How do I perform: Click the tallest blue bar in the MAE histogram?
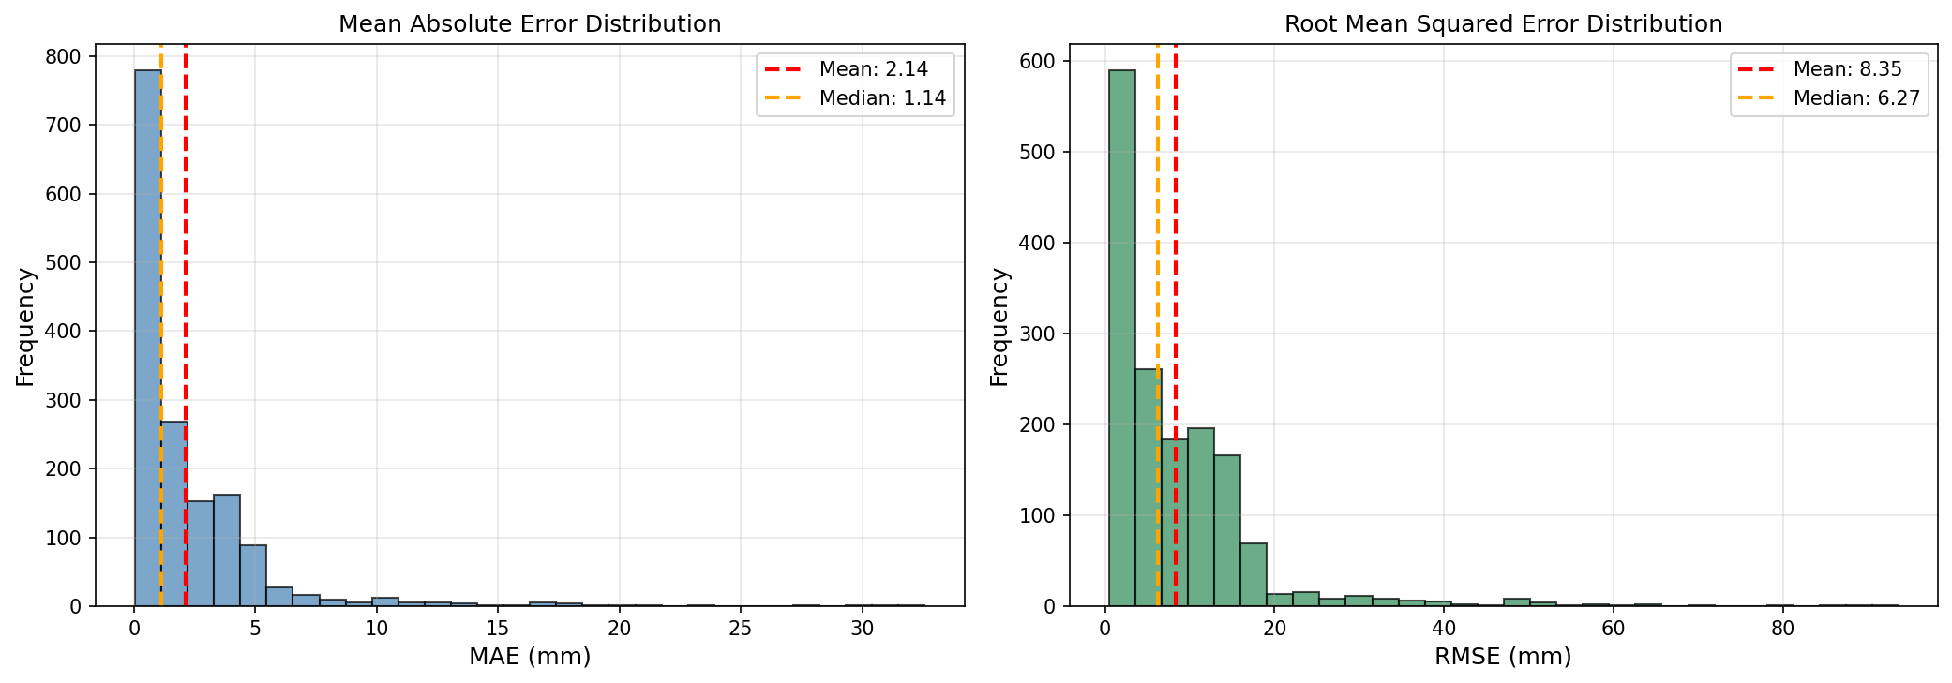(x=148, y=338)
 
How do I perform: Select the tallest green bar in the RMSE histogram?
(x=1122, y=338)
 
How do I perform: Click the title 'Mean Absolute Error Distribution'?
(x=530, y=24)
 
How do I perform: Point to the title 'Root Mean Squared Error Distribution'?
(x=1504, y=24)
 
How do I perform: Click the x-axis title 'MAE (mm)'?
(x=530, y=657)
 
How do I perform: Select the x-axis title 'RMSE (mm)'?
(x=1504, y=657)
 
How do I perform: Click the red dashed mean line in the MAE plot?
(x=186, y=325)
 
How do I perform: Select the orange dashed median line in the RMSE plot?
(x=1158, y=325)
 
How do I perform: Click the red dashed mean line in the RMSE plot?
(x=1176, y=325)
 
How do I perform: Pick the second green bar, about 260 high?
(x=1149, y=487)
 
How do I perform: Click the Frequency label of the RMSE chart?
(x=999, y=327)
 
